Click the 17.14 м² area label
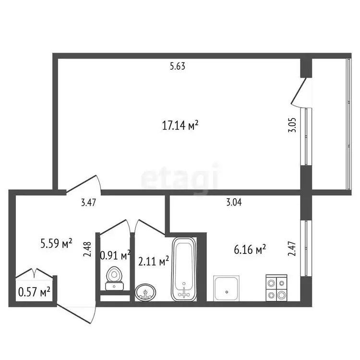[x=180, y=125]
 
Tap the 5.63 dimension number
[x=178, y=66]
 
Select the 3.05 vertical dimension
[x=292, y=125]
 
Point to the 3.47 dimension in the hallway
[x=89, y=203]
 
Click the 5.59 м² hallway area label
[x=56, y=243]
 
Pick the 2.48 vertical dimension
[x=87, y=249]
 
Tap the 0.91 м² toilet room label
[x=116, y=255]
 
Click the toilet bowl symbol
[x=114, y=278]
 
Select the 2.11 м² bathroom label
[x=154, y=261]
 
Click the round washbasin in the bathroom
[x=145, y=292]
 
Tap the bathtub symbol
[x=184, y=269]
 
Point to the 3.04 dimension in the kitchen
[x=234, y=202]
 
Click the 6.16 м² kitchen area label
[x=250, y=249]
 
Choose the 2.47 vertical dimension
[x=292, y=249]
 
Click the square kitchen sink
[x=227, y=288]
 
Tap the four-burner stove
[x=276, y=288]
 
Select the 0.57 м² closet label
[x=34, y=292]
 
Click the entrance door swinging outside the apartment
[x=76, y=313]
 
